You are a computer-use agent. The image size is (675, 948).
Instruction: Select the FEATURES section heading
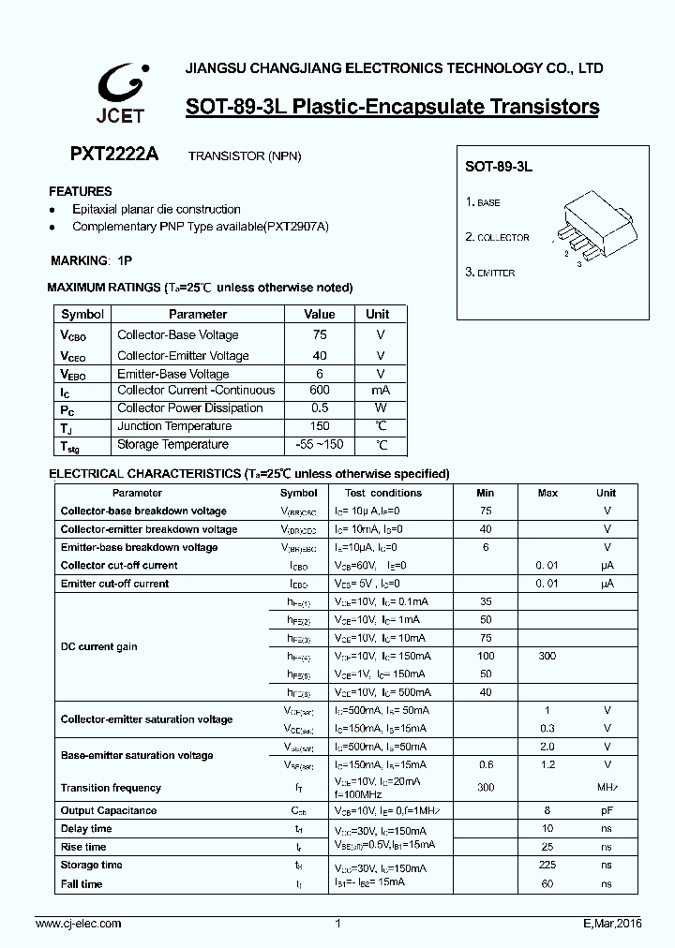pos(80,191)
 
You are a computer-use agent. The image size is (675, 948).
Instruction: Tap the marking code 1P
pos(125,260)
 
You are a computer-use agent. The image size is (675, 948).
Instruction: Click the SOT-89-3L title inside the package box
pos(499,166)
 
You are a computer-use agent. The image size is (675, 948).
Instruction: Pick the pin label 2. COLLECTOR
pos(497,238)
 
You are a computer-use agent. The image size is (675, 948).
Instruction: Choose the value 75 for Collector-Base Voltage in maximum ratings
pos(320,334)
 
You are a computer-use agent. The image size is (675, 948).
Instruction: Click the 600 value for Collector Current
pos(320,390)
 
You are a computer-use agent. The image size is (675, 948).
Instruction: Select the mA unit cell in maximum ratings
pos(381,390)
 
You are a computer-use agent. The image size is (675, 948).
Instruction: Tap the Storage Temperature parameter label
pos(172,445)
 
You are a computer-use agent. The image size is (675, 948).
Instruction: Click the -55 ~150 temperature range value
pos(320,445)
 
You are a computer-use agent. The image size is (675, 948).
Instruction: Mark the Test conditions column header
pos(383,493)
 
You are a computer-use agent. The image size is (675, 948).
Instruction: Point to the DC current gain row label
pos(99,646)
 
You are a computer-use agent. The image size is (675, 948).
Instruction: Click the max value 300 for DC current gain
pos(547,656)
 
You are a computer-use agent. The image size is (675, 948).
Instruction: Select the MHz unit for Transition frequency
pos(607,788)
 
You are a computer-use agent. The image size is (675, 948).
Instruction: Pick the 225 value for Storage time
pos(547,866)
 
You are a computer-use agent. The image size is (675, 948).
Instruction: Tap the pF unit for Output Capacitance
pos(607,810)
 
